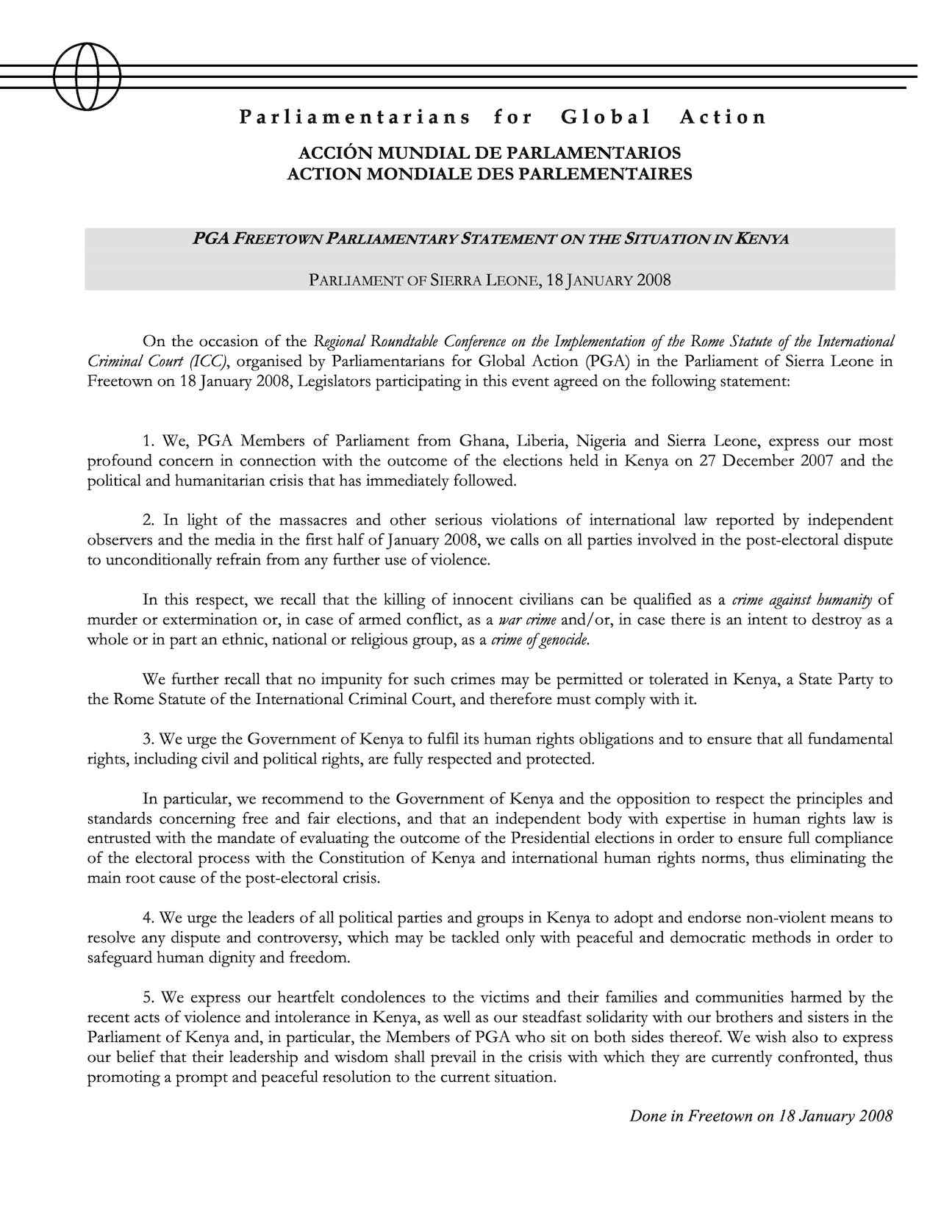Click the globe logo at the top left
point(87,76)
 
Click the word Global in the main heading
point(606,117)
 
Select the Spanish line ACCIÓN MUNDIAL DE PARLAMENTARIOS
point(489,154)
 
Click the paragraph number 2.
point(149,520)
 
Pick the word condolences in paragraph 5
point(383,997)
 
